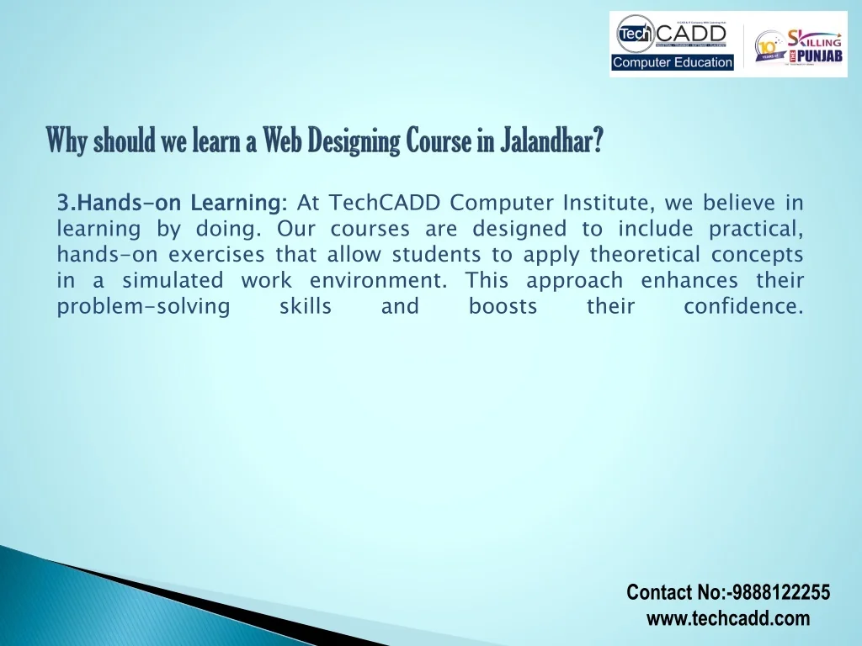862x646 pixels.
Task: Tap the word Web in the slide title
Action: (x=279, y=140)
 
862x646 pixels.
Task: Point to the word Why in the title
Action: (x=67, y=140)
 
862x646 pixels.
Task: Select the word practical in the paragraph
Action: (x=755, y=229)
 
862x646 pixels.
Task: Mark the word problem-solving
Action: (x=143, y=306)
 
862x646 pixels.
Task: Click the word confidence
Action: (x=743, y=306)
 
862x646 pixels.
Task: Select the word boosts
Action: (x=503, y=306)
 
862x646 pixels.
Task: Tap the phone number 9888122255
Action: (x=780, y=593)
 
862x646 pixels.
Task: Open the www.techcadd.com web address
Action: (x=728, y=619)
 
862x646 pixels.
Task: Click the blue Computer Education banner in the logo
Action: (x=673, y=62)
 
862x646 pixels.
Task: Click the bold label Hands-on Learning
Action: (x=173, y=203)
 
